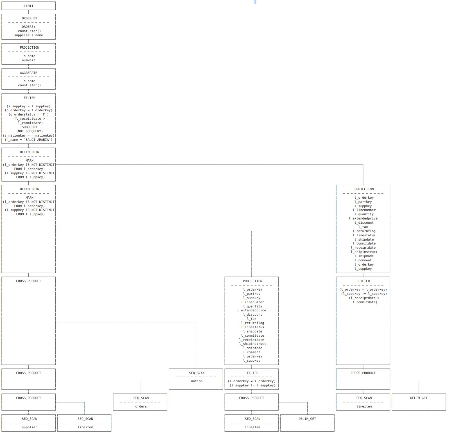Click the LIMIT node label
click(28, 6)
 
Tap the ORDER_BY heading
click(30, 18)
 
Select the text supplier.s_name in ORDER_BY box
click(29, 35)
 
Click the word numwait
click(29, 60)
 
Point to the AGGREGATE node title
click(28, 73)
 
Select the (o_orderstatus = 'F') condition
click(29, 114)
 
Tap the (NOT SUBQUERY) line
click(30, 131)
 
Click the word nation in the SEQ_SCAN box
click(197, 381)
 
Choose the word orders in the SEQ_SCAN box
click(141, 406)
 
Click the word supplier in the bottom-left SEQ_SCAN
click(30, 427)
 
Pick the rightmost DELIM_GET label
click(419, 398)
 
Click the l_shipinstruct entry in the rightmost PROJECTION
click(364, 252)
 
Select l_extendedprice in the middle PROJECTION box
click(252, 310)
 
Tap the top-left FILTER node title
click(30, 98)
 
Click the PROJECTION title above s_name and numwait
click(30, 47)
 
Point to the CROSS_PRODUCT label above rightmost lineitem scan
click(363, 373)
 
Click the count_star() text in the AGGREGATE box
click(30, 85)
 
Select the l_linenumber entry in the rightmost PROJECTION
click(364, 210)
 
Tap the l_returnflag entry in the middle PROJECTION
click(253, 323)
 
